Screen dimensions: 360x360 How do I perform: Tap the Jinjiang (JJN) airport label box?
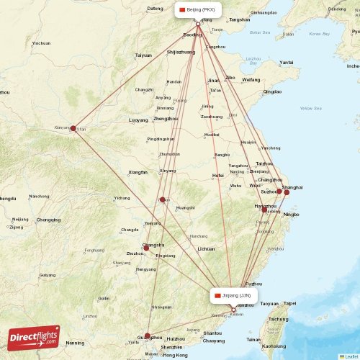(x=234, y=295)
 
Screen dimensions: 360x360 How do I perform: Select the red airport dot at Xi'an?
(x=73, y=128)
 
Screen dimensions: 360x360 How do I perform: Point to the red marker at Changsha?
(x=147, y=248)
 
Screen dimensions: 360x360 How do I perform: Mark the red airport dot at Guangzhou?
(x=148, y=336)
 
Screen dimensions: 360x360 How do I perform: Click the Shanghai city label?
(x=292, y=187)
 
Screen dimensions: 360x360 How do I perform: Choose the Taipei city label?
(x=289, y=303)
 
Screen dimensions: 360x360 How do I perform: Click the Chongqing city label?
(x=49, y=220)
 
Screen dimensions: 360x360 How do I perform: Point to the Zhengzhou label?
(x=166, y=118)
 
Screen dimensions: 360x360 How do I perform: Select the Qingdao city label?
(x=272, y=91)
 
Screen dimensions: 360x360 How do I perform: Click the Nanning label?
(x=75, y=343)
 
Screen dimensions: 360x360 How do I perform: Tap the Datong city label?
(x=155, y=9)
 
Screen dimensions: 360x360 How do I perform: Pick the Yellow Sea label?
(x=310, y=108)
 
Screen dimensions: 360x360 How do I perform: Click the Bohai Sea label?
(x=259, y=32)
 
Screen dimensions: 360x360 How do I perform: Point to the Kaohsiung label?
(x=274, y=346)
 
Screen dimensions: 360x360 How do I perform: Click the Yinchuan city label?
(x=41, y=43)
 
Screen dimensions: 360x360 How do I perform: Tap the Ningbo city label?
(x=291, y=215)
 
